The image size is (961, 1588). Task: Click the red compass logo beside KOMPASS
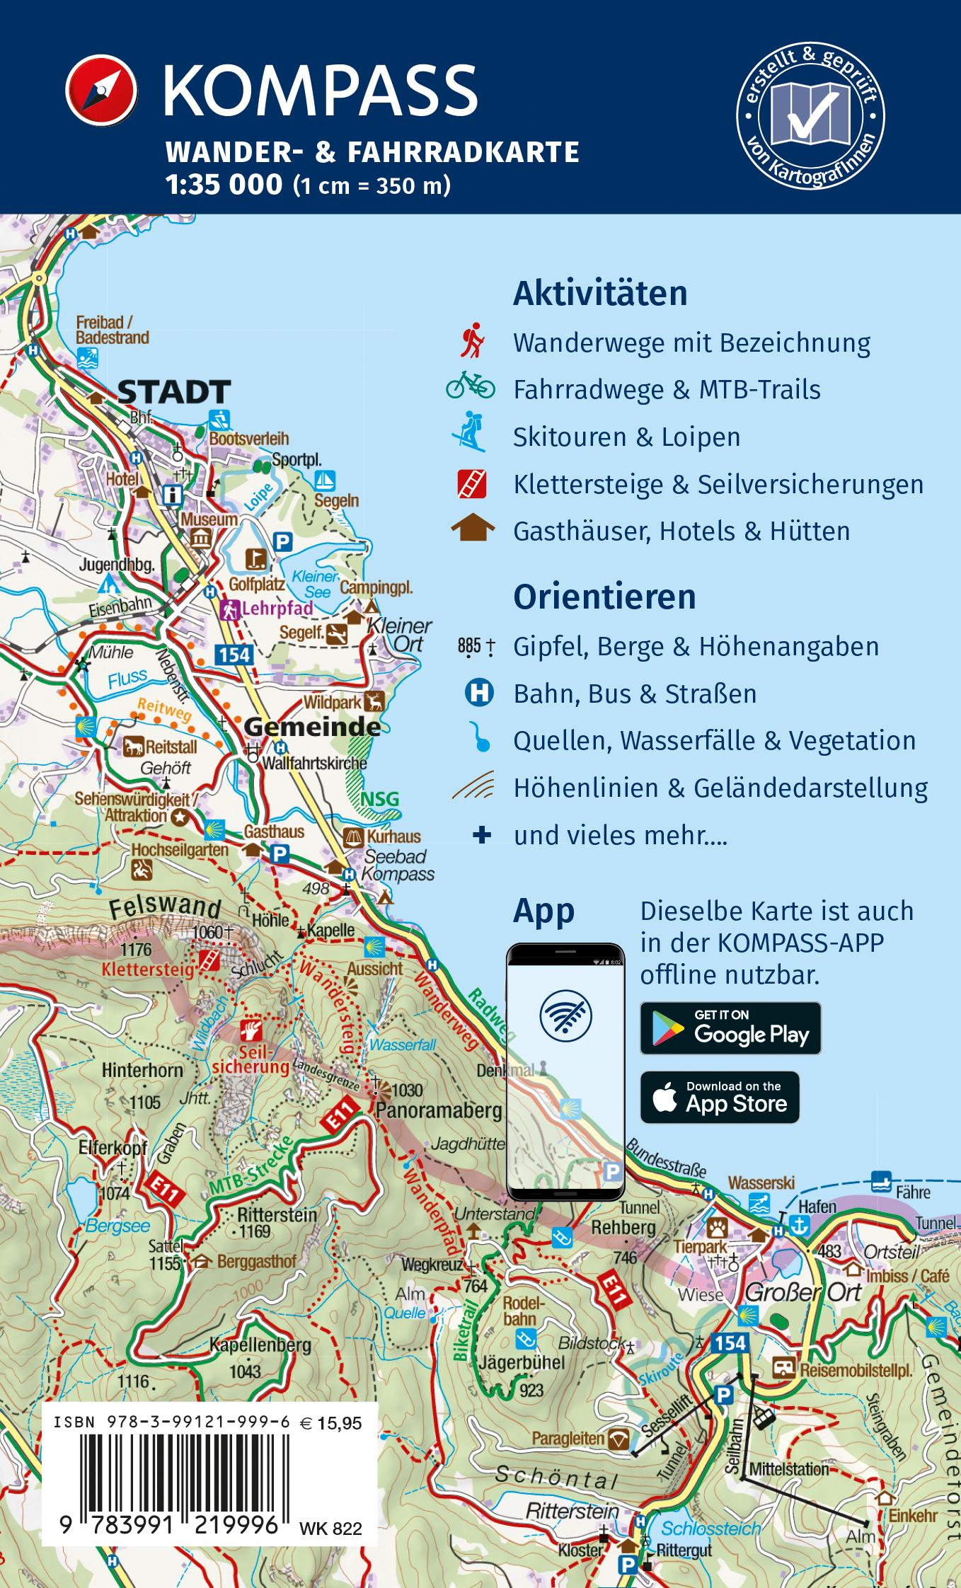point(100,91)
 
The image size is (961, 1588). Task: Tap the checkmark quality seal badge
point(811,115)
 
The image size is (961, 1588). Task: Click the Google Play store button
point(730,1028)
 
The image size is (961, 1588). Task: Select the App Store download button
point(720,1098)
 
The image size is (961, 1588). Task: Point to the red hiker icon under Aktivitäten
point(471,342)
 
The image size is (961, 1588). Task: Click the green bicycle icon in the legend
point(470,386)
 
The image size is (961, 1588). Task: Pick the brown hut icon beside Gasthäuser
point(473,529)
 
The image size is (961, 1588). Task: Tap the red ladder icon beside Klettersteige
point(471,484)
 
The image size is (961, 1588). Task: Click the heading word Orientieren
point(604,597)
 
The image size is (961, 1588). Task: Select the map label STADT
point(174,391)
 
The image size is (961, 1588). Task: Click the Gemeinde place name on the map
point(312,727)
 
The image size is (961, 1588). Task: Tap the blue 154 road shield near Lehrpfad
point(234,654)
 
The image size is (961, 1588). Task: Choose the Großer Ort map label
point(803,1292)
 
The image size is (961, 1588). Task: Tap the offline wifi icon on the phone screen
point(565,1015)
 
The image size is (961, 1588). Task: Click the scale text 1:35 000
point(224,185)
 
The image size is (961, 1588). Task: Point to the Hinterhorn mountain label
point(142,1070)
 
